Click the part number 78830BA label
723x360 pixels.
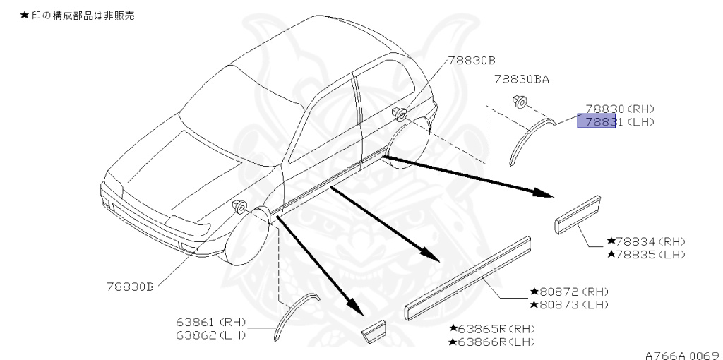click(x=522, y=80)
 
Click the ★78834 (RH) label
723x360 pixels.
click(x=645, y=241)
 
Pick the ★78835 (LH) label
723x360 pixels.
click(x=645, y=254)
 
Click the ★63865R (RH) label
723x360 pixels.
click(x=491, y=329)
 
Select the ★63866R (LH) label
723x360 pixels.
click(x=491, y=342)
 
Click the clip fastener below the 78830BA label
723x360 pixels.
click(x=520, y=102)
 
